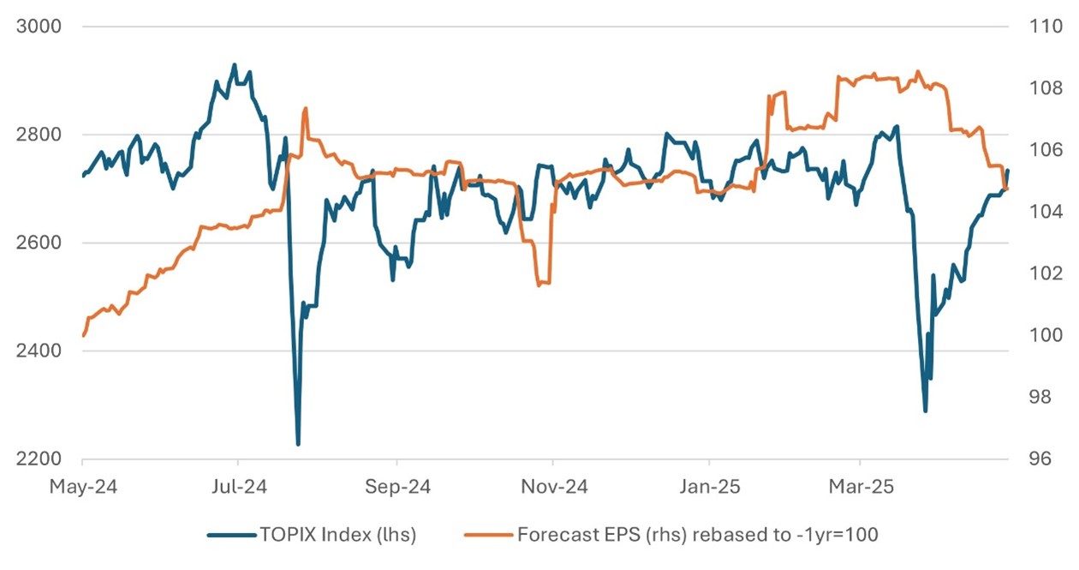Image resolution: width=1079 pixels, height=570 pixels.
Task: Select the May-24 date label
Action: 82,487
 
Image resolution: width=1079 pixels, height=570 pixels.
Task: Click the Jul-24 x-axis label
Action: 238,487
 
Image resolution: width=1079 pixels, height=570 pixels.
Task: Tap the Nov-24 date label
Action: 553,487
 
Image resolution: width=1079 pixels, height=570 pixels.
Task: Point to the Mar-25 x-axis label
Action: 862,487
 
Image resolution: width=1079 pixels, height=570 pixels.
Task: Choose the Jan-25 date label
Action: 710,487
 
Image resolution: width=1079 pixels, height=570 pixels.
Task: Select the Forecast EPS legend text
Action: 698,536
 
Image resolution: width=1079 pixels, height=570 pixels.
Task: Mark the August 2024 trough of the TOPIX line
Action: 298,444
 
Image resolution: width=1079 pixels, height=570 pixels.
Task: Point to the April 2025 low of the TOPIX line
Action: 925,411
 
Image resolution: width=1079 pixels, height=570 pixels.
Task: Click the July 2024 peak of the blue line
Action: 234,64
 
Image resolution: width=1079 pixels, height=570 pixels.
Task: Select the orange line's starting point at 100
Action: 83,335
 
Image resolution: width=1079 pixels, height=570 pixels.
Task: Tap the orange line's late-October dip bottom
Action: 539,285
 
